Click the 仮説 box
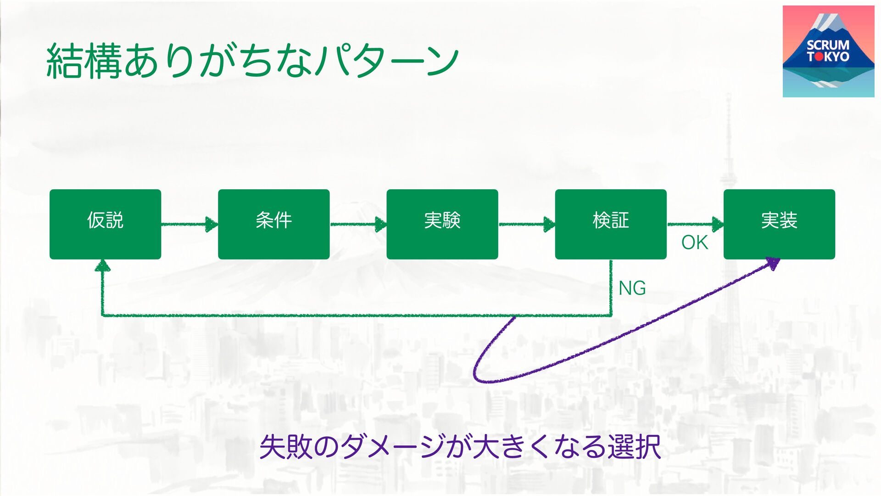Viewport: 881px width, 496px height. click(105, 224)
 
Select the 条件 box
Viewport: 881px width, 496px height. click(273, 224)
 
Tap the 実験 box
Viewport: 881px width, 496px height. click(442, 224)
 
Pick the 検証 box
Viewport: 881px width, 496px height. click(610, 224)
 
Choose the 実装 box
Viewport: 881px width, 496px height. click(779, 224)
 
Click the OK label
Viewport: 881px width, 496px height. click(694, 242)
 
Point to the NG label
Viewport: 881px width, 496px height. click(632, 288)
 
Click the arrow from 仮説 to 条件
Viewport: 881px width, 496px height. click(189, 224)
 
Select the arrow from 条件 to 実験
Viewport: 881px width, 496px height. click(358, 224)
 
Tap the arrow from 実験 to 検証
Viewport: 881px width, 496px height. click(526, 224)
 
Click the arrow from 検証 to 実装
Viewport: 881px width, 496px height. click(695, 224)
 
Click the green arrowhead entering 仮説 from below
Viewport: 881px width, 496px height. click(102, 265)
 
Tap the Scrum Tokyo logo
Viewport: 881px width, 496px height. click(828, 51)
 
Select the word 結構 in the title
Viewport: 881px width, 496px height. click(84, 61)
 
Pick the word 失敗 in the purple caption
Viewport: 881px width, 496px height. click(286, 446)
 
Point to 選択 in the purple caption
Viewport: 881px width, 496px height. click(634, 446)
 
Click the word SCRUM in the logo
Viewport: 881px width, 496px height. click(828, 45)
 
